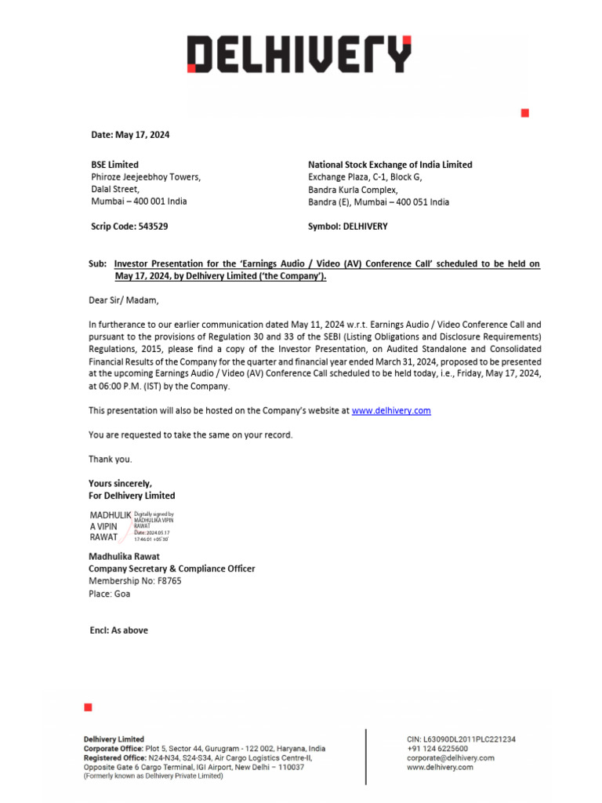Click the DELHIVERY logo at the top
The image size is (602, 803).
(x=299, y=55)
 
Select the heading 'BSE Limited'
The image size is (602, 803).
(x=114, y=165)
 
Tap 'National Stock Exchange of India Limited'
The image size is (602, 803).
(x=390, y=165)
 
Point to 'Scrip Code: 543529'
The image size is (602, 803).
(x=128, y=227)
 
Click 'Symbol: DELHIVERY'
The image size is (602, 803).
(x=347, y=227)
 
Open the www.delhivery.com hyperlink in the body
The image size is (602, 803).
(x=391, y=411)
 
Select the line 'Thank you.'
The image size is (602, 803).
(x=110, y=460)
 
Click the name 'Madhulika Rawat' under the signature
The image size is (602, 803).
(x=124, y=557)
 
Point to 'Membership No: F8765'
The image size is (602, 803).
(x=135, y=581)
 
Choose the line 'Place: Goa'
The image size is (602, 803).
(x=110, y=594)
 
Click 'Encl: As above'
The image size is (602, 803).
(x=118, y=630)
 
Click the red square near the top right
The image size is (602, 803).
(x=525, y=114)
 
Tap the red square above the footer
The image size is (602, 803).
(x=88, y=707)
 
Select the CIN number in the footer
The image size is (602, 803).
(x=461, y=739)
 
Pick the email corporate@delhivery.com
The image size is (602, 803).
(x=451, y=758)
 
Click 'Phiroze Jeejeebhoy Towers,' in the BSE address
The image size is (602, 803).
(x=146, y=177)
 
